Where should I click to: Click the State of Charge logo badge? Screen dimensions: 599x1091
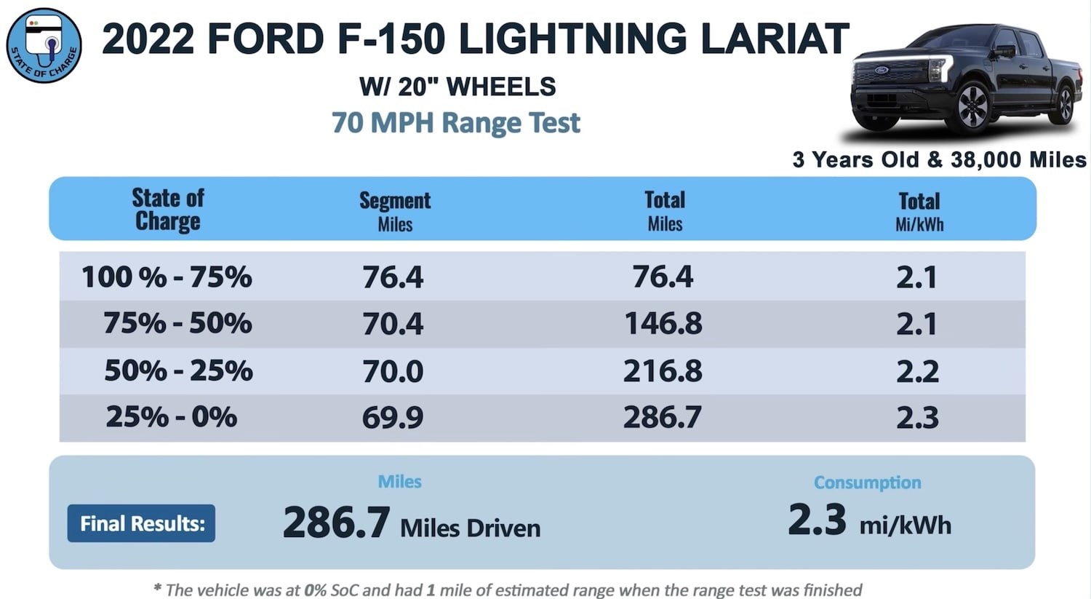(x=44, y=45)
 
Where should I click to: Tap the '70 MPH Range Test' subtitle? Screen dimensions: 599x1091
(x=455, y=122)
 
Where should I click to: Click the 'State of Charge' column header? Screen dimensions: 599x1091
(x=168, y=209)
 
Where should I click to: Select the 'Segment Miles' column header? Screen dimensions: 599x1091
(x=395, y=211)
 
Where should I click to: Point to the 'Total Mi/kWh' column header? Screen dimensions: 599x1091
(x=919, y=211)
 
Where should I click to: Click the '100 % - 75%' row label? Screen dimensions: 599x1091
(x=167, y=277)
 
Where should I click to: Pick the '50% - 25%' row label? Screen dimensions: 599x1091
(x=178, y=371)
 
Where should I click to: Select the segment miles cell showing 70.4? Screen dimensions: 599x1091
(x=393, y=324)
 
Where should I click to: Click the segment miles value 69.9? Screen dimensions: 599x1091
(x=393, y=418)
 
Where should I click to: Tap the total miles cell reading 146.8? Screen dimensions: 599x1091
(x=663, y=324)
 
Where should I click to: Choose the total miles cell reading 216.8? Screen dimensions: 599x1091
(x=663, y=371)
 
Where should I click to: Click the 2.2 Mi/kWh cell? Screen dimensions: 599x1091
(x=917, y=371)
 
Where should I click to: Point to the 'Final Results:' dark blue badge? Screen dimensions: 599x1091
(x=141, y=523)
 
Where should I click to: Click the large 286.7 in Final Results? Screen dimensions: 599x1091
(x=336, y=523)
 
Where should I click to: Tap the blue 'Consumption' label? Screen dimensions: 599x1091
(x=867, y=483)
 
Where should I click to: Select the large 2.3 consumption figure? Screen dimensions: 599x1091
(x=817, y=520)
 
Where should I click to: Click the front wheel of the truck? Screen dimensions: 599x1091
(x=972, y=107)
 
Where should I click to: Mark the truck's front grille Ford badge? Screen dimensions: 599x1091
(x=882, y=71)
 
